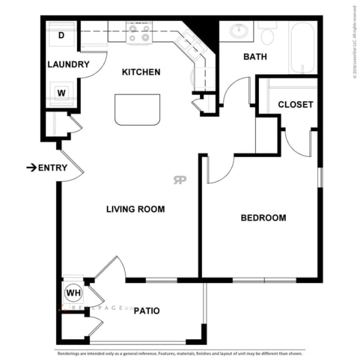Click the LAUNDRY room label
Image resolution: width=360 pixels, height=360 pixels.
click(x=69, y=64)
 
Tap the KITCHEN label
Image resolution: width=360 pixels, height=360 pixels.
click(x=141, y=72)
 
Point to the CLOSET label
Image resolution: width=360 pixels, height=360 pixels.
click(x=295, y=104)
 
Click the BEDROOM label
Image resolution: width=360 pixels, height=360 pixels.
click(x=263, y=218)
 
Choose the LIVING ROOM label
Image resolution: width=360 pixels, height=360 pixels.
click(x=136, y=209)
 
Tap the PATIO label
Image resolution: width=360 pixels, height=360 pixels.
click(x=146, y=311)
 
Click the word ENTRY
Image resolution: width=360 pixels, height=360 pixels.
click(x=52, y=167)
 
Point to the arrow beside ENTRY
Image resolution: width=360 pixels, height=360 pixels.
click(x=31, y=167)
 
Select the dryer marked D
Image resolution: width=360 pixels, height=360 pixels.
click(x=61, y=36)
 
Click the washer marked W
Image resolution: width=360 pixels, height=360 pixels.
click(x=61, y=93)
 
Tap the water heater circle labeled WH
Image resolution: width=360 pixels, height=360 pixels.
click(x=72, y=292)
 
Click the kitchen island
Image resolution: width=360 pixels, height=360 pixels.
click(x=137, y=109)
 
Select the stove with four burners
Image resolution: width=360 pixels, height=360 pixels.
click(x=138, y=32)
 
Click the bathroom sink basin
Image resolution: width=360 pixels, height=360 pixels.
click(x=237, y=31)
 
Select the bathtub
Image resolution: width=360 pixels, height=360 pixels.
click(x=303, y=47)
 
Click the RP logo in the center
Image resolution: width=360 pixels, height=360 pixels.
click(x=180, y=180)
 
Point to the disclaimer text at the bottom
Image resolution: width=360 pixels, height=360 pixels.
click(x=180, y=352)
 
